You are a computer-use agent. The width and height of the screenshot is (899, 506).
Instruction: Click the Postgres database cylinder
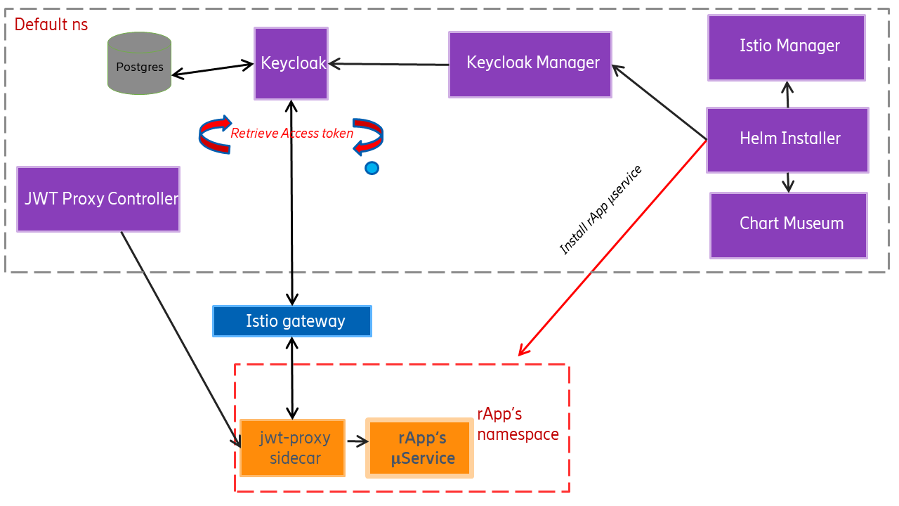click(139, 63)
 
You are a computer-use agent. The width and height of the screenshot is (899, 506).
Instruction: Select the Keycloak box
click(291, 63)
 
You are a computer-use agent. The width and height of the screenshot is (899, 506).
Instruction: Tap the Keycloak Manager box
click(530, 64)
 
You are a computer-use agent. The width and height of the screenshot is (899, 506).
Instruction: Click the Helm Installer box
click(787, 139)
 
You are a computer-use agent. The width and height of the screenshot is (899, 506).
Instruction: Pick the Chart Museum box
click(788, 225)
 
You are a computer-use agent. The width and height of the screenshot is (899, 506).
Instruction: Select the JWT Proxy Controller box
click(98, 199)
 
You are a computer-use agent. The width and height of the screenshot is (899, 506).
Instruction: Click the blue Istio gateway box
click(292, 321)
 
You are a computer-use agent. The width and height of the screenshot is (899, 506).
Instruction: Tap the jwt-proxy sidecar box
click(292, 448)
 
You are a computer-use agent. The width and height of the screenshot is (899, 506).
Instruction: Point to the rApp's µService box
click(420, 448)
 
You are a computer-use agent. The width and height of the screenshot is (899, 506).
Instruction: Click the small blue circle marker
click(372, 168)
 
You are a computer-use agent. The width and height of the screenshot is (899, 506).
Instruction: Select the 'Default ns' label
click(51, 25)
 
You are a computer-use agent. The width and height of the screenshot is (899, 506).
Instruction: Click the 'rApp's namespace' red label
click(518, 424)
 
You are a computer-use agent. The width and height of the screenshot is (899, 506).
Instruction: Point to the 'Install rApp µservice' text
click(601, 210)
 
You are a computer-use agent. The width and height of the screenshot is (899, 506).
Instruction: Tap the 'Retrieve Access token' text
click(292, 134)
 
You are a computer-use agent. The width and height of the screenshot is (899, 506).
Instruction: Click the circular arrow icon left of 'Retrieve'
click(215, 134)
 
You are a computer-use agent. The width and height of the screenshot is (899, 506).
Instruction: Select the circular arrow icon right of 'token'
click(367, 135)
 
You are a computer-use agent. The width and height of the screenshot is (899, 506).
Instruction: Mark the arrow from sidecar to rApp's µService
click(357, 442)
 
